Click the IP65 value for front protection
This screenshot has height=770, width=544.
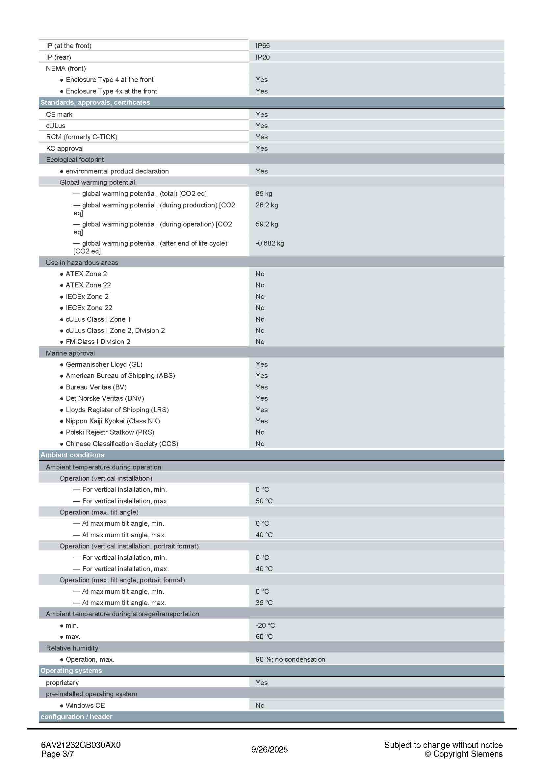[x=262, y=46]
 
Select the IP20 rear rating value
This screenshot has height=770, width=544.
[x=262, y=57]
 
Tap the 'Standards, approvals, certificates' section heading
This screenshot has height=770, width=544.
[x=95, y=102]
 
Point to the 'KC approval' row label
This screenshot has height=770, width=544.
[x=65, y=148]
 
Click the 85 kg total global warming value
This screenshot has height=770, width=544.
[x=264, y=194]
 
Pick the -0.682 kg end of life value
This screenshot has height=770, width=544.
[x=270, y=243]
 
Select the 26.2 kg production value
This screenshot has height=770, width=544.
[x=267, y=205]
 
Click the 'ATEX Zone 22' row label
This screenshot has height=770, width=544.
[x=88, y=285]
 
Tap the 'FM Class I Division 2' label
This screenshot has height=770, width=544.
[x=98, y=342]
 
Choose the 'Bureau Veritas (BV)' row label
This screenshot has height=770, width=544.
[x=96, y=387]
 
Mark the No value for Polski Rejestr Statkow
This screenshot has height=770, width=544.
[x=260, y=432]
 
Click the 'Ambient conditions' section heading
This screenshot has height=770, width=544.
[x=72, y=455]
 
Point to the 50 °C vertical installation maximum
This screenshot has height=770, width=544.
[x=264, y=501]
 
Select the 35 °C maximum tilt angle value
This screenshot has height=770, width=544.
[x=264, y=603]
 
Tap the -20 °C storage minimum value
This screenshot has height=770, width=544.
[x=265, y=625]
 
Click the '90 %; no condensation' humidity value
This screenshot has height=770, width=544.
[x=290, y=659]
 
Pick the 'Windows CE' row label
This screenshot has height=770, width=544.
[x=85, y=705]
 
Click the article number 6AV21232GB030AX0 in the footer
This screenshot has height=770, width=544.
[x=81, y=745]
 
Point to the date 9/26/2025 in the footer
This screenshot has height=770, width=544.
[x=270, y=750]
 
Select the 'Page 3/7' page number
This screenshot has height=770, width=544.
[x=57, y=754]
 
